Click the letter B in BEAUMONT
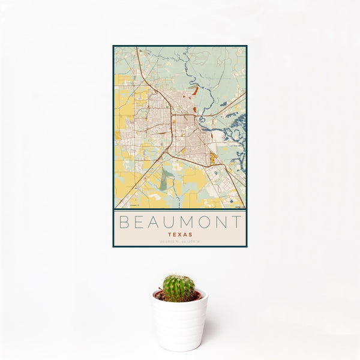coord(122,222)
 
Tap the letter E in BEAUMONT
coord(139,222)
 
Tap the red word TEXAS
coord(180,235)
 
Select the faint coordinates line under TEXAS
coord(180,242)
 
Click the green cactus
coord(179,288)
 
